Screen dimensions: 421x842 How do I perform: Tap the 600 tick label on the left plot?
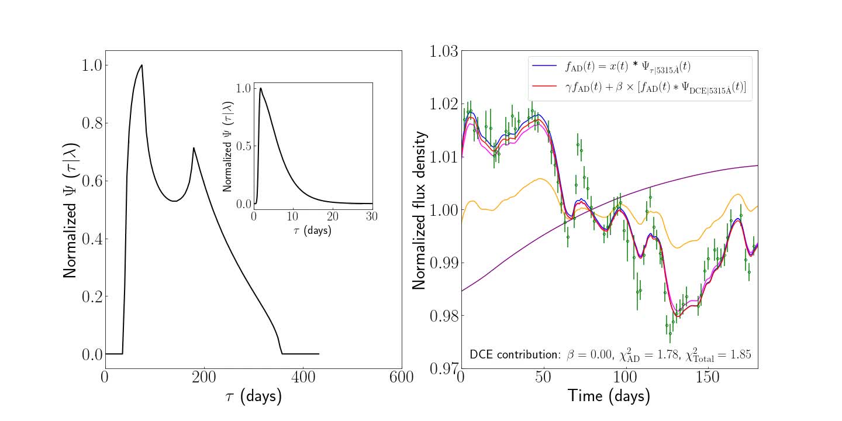tap(401, 378)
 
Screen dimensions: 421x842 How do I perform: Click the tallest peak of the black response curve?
tap(142, 65)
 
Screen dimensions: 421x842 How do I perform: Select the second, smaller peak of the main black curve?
tap(194, 148)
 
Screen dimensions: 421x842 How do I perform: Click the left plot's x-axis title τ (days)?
tap(253, 397)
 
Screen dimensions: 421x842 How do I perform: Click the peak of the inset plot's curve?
tap(260, 88)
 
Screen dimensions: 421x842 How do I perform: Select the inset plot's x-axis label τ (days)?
tap(312, 230)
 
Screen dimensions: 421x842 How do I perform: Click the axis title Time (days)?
tap(609, 396)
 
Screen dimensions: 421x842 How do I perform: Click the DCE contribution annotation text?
tap(515, 354)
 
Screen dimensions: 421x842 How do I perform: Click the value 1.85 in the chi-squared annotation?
tap(739, 354)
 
